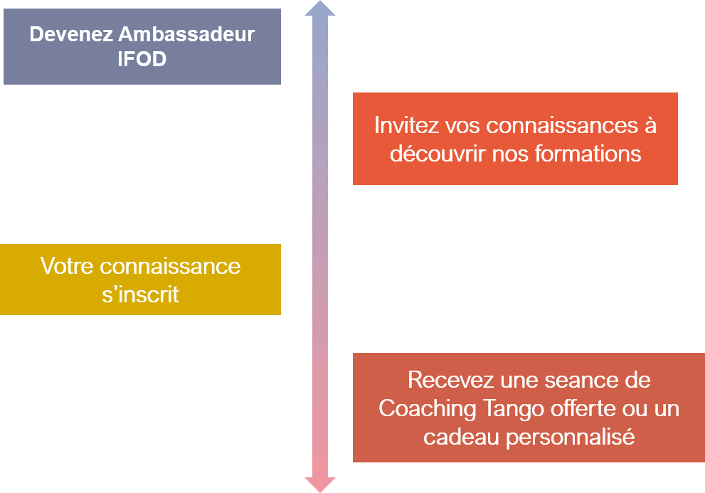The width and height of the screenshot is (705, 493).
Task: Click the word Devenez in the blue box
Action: tap(71, 35)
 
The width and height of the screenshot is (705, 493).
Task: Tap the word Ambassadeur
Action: tap(186, 35)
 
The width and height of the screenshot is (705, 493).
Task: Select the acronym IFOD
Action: tap(142, 59)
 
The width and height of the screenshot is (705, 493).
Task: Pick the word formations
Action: tap(588, 154)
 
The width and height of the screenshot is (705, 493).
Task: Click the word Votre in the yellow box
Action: tap(67, 266)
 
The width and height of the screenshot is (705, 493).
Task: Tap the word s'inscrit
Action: tap(140, 295)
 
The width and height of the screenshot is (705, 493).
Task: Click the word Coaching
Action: tap(428, 409)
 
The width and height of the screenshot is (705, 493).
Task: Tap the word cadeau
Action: tap(461, 438)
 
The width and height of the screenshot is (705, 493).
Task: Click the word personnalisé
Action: tap(570, 438)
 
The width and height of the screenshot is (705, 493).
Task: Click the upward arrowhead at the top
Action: tap(320, 9)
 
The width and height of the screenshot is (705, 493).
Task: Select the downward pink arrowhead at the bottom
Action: tap(320, 484)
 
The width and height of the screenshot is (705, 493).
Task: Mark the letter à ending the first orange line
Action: tap(651, 125)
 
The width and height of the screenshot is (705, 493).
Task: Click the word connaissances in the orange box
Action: tap(562, 125)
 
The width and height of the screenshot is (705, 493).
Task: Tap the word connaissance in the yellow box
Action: tap(170, 266)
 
